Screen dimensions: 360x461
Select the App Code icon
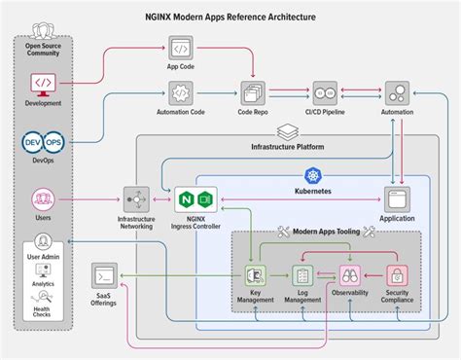[180, 49]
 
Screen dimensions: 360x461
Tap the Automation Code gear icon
[180, 92]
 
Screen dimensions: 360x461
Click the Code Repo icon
[254, 93]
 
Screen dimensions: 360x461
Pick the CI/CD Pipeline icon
[324, 93]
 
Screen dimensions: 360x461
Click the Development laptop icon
[44, 83]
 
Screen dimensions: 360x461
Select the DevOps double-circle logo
[43, 143]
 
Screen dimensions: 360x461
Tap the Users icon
[44, 200]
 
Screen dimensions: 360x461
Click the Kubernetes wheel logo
[312, 175]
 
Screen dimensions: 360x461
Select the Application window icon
[397, 200]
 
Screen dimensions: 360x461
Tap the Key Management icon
[255, 276]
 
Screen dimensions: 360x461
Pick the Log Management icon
[302, 276]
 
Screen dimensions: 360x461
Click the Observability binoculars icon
[349, 276]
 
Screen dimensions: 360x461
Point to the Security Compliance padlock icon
[397, 276]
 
